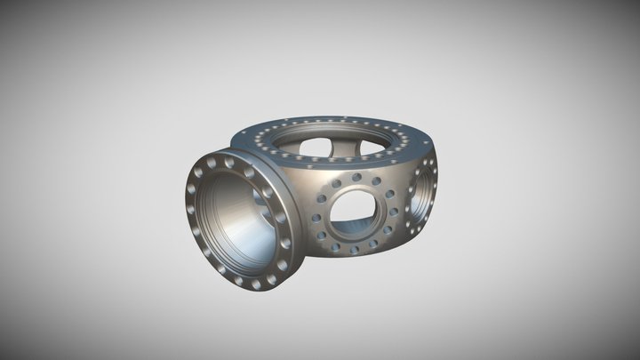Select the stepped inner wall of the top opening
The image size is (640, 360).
coord(356,163)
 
